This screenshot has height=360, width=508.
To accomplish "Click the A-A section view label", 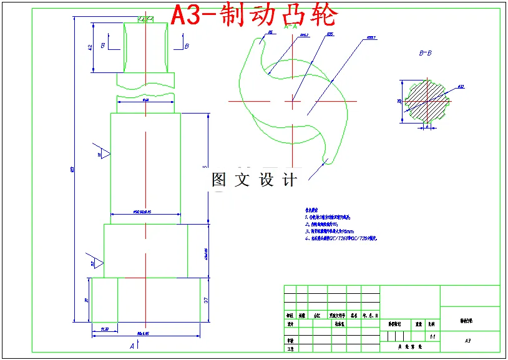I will (291, 27).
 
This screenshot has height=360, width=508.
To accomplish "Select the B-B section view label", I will (426, 54).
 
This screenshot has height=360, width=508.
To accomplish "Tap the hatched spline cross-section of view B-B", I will (427, 102).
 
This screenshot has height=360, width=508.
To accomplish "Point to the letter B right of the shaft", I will (186, 46).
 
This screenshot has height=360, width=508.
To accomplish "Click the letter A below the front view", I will (132, 344).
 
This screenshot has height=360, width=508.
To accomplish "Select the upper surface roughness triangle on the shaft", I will (103, 153).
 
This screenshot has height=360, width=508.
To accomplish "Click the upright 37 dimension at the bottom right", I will (207, 300).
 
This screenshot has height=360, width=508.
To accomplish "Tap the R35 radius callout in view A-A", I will (330, 34).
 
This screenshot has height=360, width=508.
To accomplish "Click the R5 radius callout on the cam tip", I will (270, 31).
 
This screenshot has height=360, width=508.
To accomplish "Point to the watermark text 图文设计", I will (254, 180).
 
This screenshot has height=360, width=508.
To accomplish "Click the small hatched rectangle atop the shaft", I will (146, 19).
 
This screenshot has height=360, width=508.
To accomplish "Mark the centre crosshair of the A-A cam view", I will (292, 100).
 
